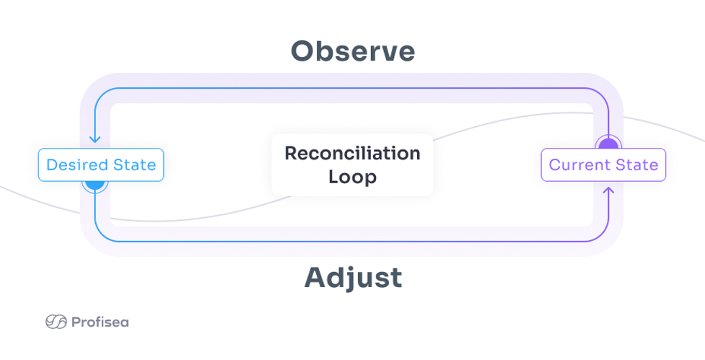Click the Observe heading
click(353, 51)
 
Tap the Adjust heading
click(353, 278)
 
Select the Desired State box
click(101, 165)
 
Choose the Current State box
click(603, 165)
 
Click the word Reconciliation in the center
click(352, 153)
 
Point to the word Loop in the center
click(352, 177)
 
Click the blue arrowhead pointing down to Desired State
click(95, 139)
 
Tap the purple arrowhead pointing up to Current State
click(608, 192)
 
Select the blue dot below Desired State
click(95, 183)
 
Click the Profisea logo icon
click(56, 322)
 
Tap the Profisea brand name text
click(100, 322)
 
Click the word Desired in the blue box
click(77, 165)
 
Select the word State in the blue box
click(134, 165)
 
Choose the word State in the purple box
click(636, 165)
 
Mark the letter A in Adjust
click(315, 278)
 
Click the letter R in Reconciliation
click(291, 153)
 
